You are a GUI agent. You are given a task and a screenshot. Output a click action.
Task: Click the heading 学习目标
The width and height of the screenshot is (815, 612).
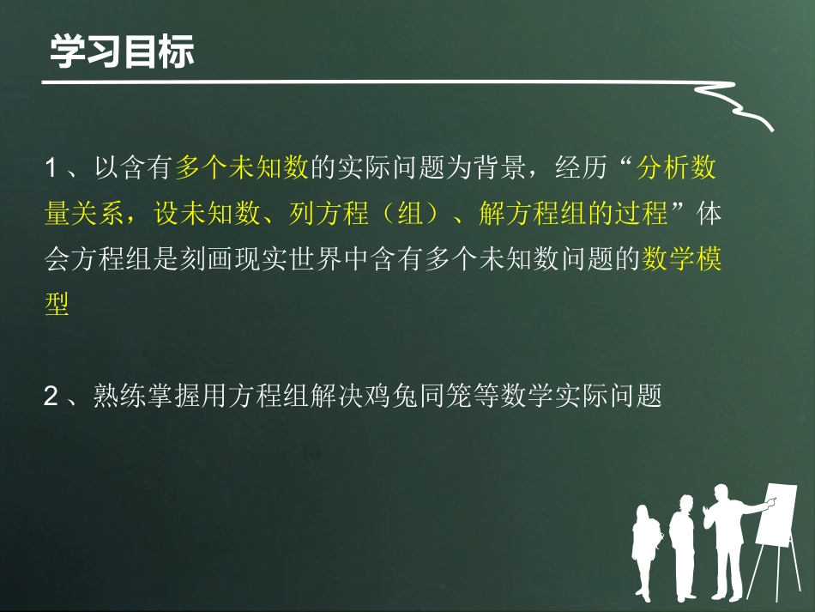pyautogui.click(x=123, y=52)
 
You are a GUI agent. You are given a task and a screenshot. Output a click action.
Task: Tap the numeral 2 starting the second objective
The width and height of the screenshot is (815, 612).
pyautogui.click(x=51, y=397)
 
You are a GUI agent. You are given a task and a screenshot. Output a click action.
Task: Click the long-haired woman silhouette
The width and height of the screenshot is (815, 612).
pyautogui.click(x=644, y=549)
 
